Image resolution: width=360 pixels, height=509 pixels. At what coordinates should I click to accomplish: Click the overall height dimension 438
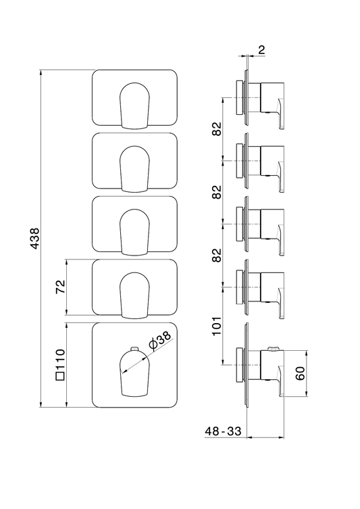coord(34,239)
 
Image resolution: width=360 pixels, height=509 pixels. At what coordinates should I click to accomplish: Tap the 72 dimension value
coord(61,287)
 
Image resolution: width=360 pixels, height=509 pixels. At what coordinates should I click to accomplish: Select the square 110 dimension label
coord(60,364)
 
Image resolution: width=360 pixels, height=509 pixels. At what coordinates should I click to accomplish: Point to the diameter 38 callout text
coord(159,341)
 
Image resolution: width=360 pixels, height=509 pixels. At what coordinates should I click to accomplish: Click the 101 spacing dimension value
coord(217,326)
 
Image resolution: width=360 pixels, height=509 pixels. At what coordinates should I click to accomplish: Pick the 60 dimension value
coord(301,374)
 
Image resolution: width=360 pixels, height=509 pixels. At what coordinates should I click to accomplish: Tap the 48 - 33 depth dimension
coord(223,431)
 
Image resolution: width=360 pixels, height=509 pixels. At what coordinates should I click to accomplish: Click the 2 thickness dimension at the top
coord(261,50)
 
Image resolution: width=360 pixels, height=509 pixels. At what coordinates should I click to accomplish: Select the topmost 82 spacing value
coord(217,129)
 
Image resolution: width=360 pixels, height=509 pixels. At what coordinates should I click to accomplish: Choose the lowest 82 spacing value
coord(217,255)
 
